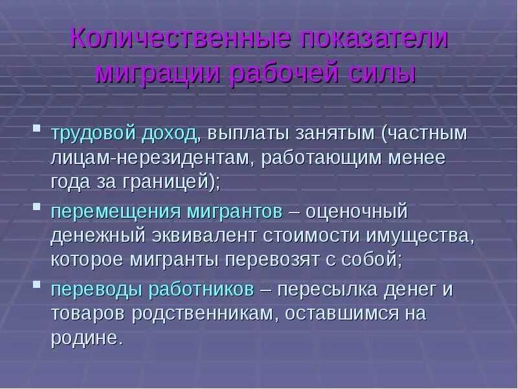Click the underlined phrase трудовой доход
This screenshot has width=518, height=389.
coord(124,134)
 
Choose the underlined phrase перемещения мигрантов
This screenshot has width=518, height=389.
coord(166,212)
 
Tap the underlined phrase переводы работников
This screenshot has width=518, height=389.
coord(152,290)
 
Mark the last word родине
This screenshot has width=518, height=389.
coord(85,338)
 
